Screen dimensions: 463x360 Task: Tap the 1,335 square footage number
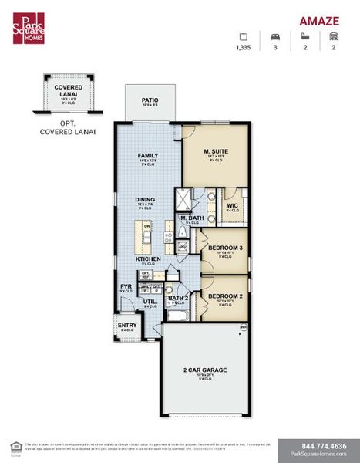[244, 47]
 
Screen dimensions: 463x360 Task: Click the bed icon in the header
[274, 35]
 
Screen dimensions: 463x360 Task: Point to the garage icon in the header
[334, 35]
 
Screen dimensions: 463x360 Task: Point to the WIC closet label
[232, 204]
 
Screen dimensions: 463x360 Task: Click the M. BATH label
[191, 218]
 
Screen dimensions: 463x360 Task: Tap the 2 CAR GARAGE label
[204, 370]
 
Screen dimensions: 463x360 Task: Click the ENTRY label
[127, 325]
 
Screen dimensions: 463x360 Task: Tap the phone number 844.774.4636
[318, 446]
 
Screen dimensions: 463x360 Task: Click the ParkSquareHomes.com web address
[318, 455]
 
